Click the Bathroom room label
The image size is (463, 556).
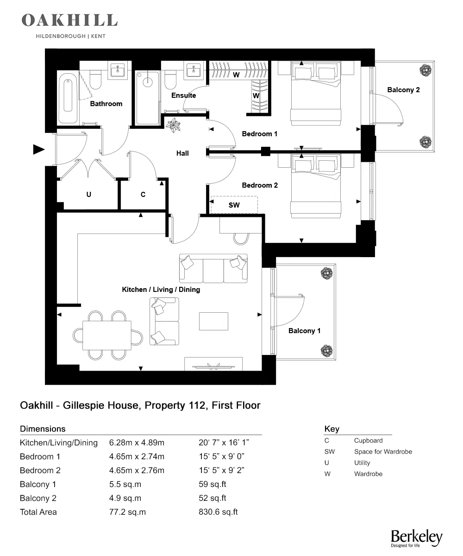106,104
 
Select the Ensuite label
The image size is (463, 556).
183,95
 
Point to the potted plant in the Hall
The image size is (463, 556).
175,125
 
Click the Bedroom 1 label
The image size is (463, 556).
260,134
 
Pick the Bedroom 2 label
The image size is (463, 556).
260,185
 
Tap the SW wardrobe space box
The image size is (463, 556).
234,204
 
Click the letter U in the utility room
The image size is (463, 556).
88,195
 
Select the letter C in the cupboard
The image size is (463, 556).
143,195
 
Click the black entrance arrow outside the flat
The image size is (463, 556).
39,149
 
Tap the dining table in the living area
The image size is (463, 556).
107,335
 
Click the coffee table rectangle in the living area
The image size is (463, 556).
213,322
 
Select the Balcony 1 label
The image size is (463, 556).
304,331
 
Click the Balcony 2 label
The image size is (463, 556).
403,90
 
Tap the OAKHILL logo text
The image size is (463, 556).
69,20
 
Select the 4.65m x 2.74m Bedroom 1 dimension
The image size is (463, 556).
137,456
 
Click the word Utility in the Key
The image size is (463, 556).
362,463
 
